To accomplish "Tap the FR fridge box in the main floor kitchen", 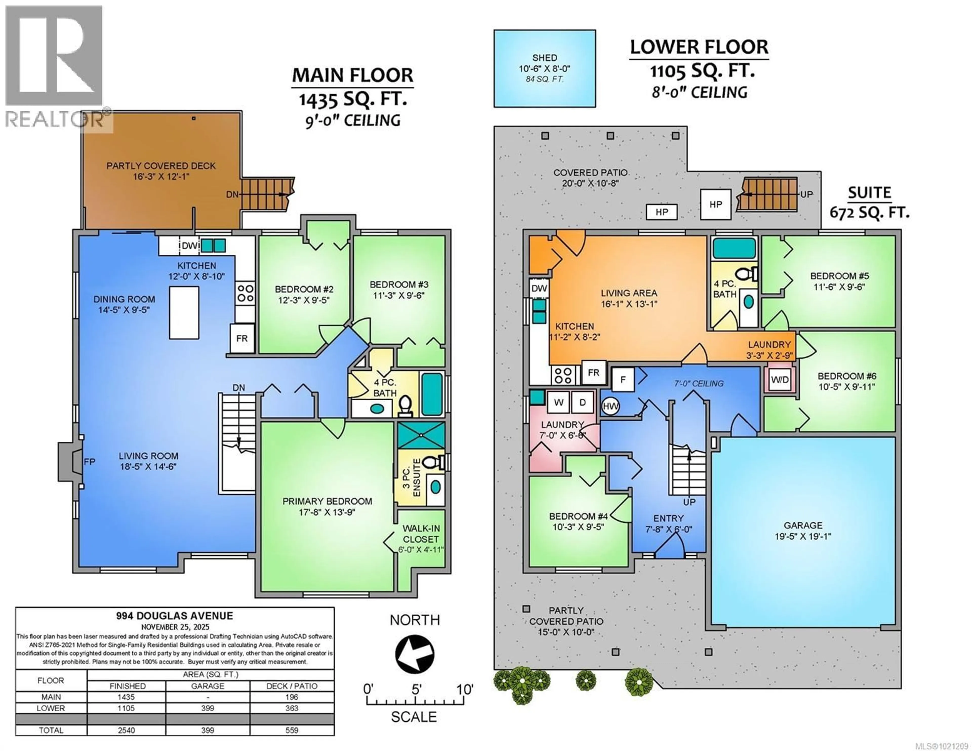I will (x=242, y=339).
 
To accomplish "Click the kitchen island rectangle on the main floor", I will (x=184, y=313).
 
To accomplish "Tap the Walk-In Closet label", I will (x=421, y=534).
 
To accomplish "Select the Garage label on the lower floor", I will (x=803, y=525).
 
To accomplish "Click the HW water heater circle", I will (x=611, y=406).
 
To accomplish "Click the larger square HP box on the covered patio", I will (x=715, y=204).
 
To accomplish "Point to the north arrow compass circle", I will (x=415, y=654).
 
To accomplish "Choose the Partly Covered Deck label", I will (x=161, y=166).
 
